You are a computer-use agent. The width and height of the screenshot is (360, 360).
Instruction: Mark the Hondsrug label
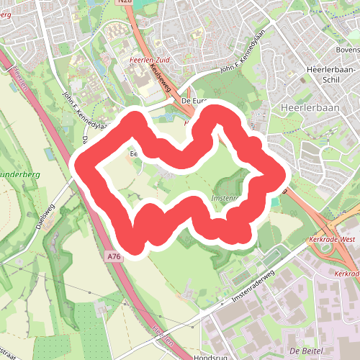tap(211, 356)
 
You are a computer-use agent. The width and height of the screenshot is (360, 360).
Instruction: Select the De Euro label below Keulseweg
tap(195, 102)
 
